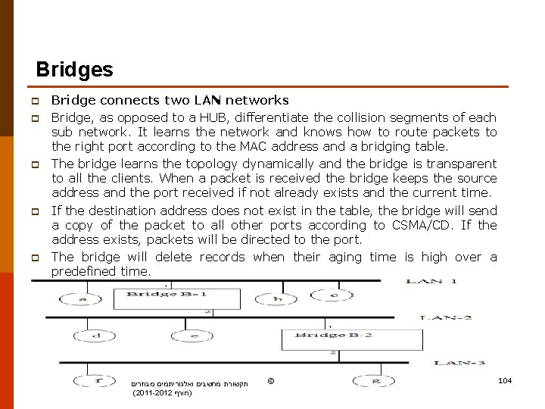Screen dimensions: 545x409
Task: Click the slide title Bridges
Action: pos(74,70)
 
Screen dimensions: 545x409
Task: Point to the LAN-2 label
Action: pos(446,317)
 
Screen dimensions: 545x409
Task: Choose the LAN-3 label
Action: pos(459,362)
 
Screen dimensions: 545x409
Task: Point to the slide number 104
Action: pos(505,379)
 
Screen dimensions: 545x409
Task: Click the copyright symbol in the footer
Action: pos(271,380)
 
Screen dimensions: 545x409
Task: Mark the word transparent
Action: pos(462,164)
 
